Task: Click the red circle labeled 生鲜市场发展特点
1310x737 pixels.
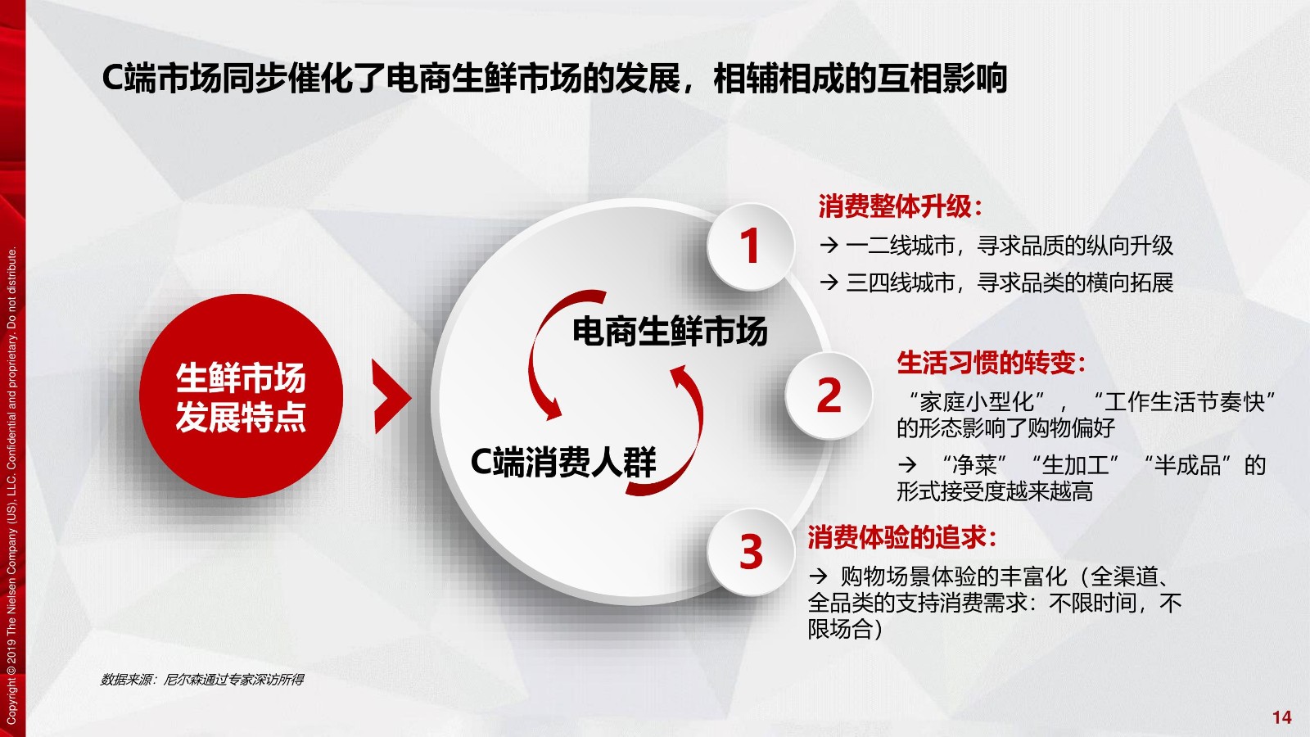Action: tap(241, 396)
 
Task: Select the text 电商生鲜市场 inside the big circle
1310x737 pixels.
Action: tap(670, 331)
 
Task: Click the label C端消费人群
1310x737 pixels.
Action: tap(563, 462)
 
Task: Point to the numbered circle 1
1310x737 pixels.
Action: tap(750, 246)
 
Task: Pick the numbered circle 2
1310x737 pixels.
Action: tap(829, 396)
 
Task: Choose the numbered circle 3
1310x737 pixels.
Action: tap(751, 552)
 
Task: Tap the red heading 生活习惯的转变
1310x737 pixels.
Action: tap(992, 363)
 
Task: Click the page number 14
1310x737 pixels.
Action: tap(1281, 717)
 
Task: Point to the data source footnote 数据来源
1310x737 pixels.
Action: tap(202, 679)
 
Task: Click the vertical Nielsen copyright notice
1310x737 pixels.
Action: tap(11, 486)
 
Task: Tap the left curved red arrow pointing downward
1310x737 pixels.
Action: tap(537, 351)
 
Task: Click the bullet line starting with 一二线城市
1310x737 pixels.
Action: tap(996, 246)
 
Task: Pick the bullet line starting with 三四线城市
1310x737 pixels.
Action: tap(996, 283)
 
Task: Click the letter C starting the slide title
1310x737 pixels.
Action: tap(113, 79)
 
